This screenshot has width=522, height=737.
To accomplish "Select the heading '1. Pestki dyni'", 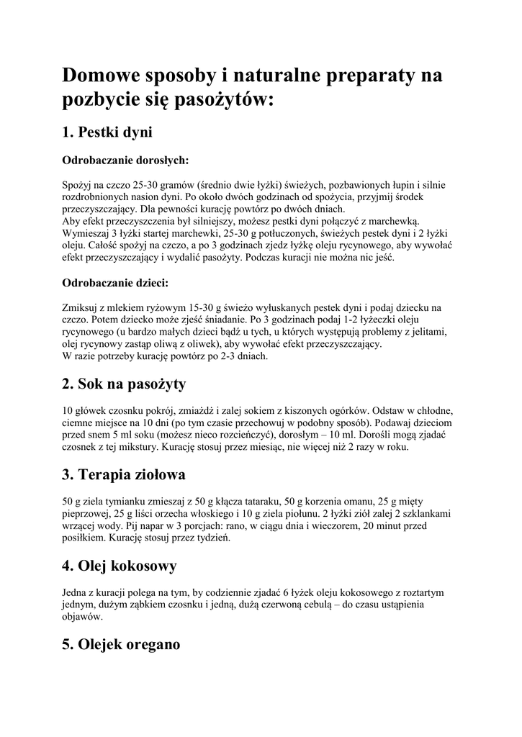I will tap(107, 132).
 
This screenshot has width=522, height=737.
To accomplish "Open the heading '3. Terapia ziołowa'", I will tap(124, 475).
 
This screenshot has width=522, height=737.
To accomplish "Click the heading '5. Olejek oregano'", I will tap(121, 645).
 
